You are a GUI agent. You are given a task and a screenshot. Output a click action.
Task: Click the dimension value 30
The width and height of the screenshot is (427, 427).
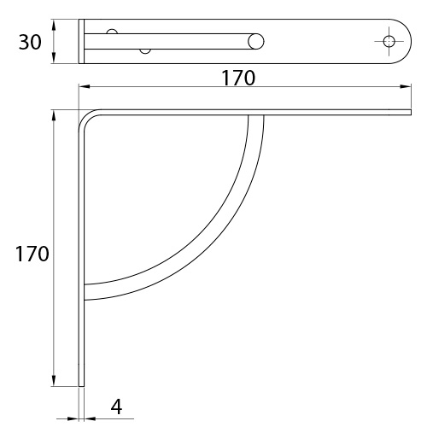30,42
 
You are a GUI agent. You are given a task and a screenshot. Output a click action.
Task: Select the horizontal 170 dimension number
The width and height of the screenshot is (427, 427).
238,78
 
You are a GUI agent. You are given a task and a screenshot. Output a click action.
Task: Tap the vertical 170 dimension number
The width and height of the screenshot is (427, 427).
32,254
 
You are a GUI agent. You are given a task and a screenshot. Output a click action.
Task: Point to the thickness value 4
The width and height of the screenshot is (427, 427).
116,407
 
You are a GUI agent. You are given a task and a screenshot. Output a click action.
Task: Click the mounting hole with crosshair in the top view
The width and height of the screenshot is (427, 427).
389,41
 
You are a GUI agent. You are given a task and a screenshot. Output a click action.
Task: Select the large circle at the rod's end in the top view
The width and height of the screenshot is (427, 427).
256,41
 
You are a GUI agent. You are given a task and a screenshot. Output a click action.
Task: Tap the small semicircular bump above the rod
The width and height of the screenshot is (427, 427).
112,32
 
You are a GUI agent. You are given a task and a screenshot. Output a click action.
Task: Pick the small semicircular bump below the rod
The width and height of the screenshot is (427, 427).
145,51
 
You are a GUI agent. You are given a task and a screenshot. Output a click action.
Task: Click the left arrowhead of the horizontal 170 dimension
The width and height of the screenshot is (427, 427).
85,86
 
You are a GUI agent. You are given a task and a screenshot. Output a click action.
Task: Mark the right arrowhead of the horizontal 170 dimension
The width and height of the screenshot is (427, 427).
406,86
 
